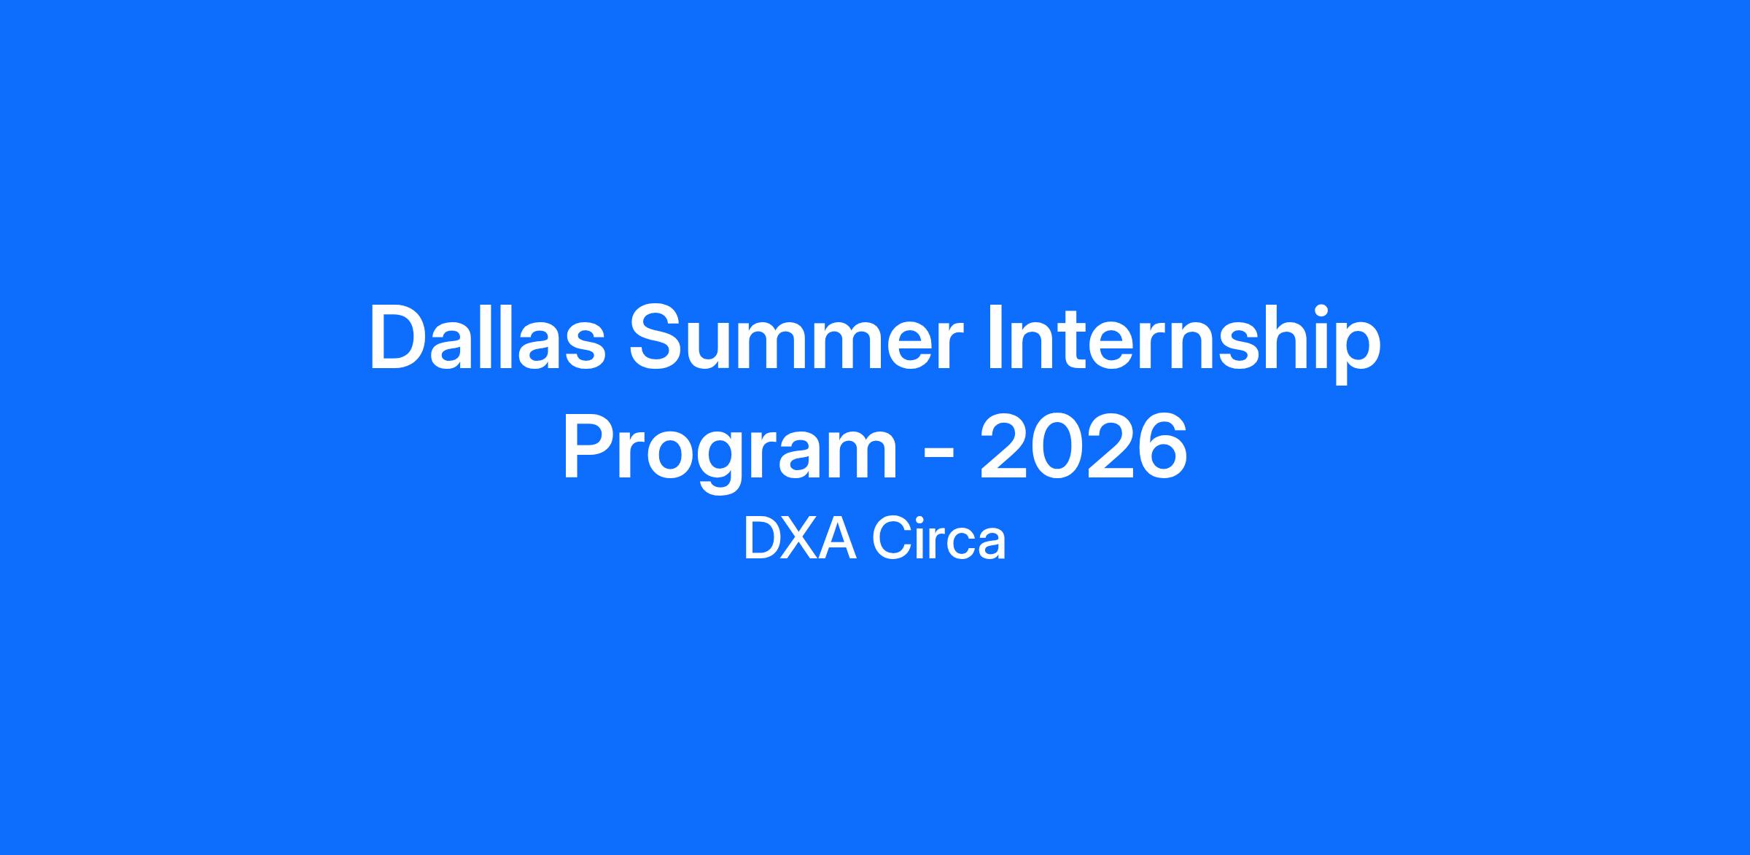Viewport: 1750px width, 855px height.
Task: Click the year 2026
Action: tap(1084, 446)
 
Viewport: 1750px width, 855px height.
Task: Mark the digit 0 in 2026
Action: tap(1057, 446)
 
